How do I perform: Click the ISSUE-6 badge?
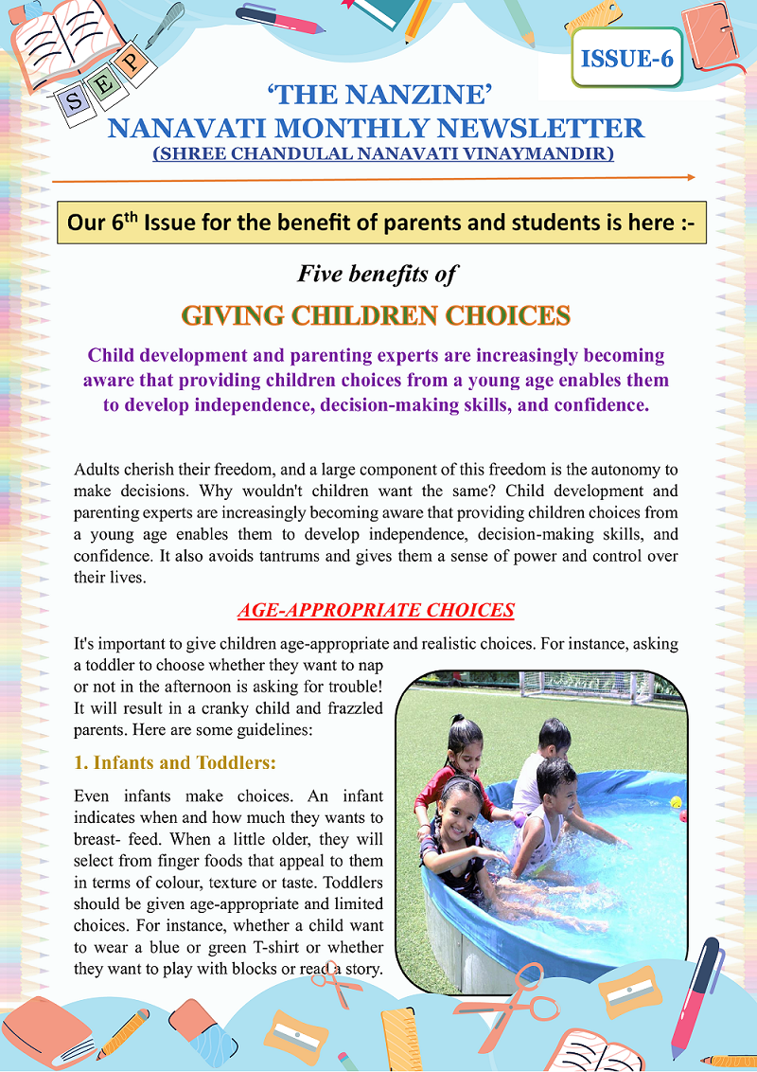pos(627,58)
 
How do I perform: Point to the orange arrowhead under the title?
pos(691,177)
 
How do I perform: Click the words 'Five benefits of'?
pos(378,275)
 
